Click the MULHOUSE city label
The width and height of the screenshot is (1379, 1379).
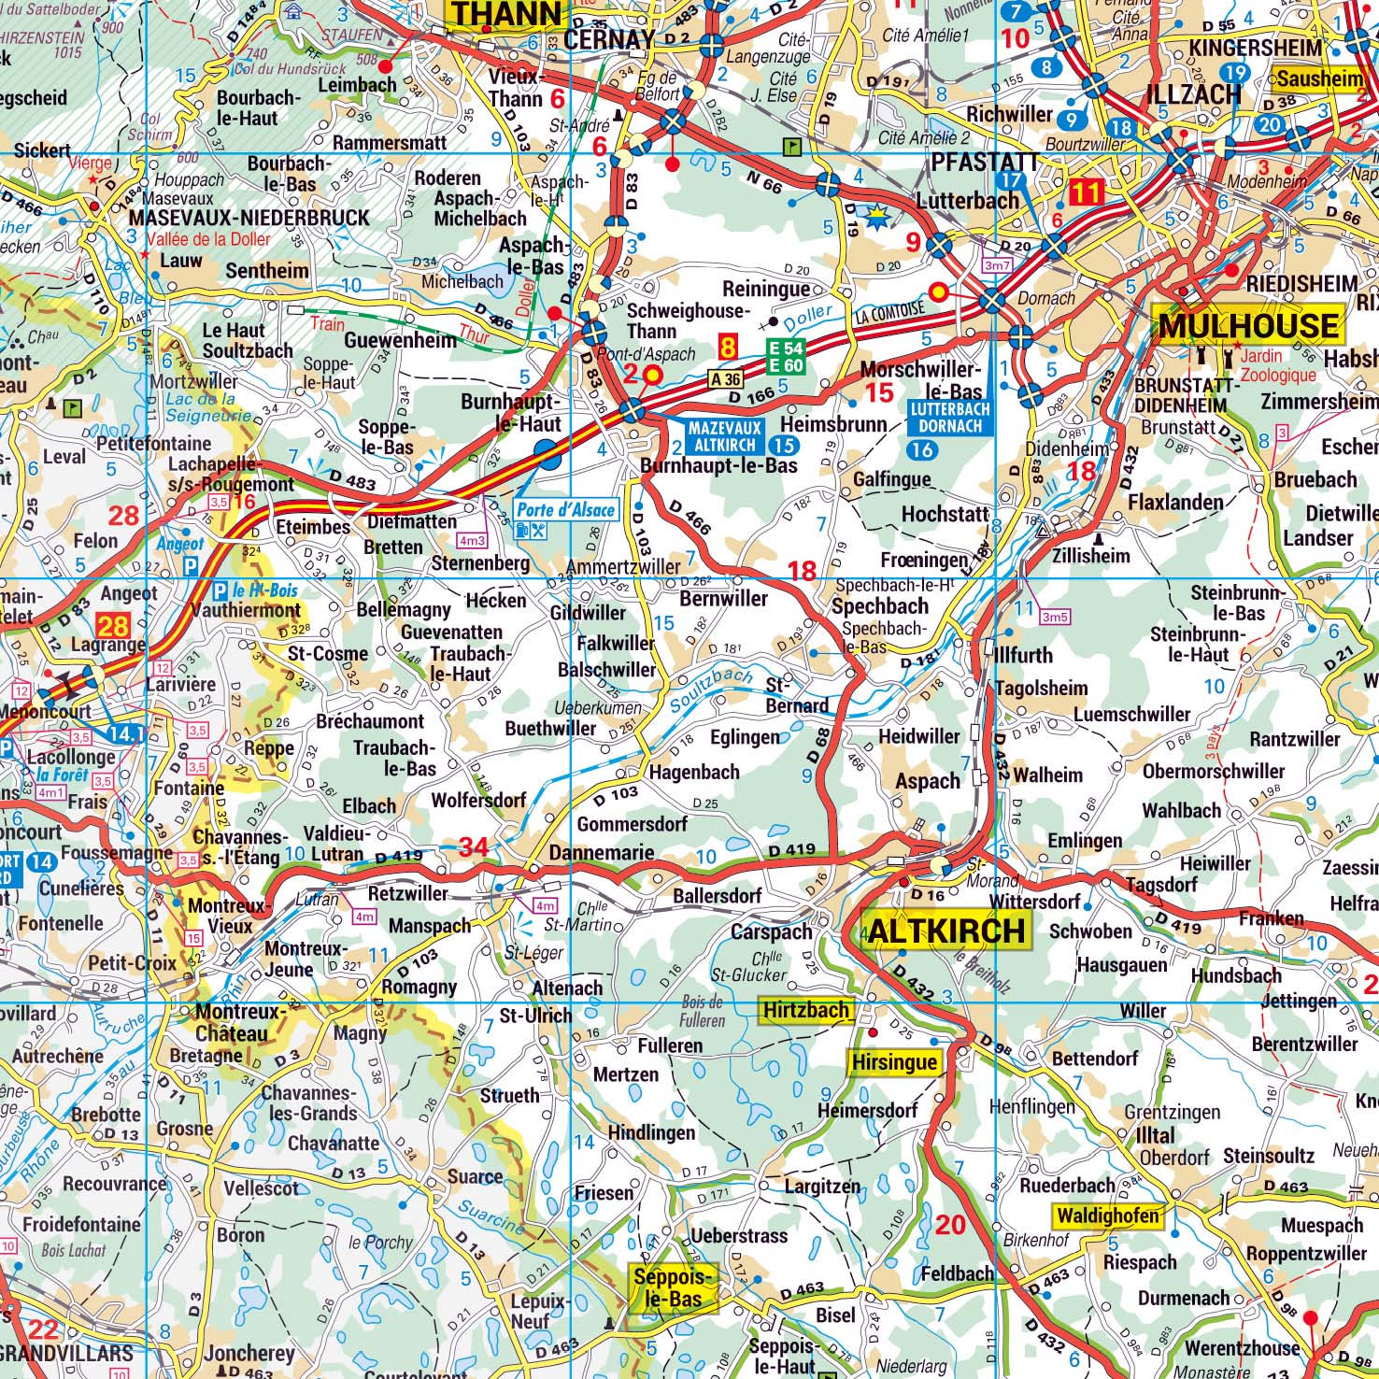tap(1248, 325)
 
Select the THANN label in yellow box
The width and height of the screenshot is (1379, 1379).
tap(507, 14)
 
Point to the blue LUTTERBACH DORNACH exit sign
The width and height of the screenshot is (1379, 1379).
tap(949, 417)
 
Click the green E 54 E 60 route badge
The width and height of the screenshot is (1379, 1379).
tap(785, 356)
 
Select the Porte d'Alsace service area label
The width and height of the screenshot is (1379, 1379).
tap(566, 509)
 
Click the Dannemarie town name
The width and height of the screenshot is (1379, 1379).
tap(602, 852)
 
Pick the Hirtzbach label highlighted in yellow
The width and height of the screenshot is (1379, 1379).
tap(805, 1010)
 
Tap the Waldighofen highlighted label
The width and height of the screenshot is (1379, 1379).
tap(1108, 1216)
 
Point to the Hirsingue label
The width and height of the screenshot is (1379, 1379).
tap(894, 1062)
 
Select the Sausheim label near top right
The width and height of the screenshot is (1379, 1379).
tap(1319, 78)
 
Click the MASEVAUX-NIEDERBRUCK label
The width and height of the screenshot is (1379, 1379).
tap(249, 218)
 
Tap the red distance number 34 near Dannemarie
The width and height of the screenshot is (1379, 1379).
tap(473, 847)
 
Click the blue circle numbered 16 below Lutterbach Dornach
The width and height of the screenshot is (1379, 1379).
tap(922, 449)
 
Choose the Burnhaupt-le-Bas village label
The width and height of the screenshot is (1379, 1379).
tap(718, 464)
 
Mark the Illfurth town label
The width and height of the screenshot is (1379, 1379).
tap(1023, 654)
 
